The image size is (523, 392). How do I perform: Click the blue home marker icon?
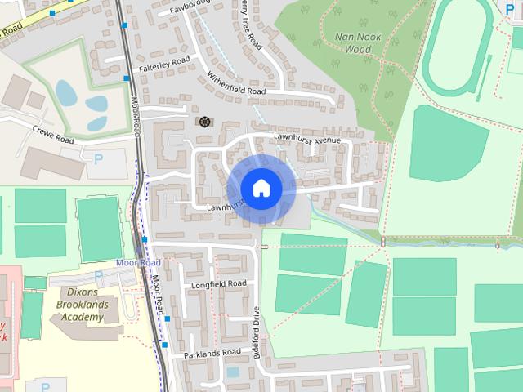(x=261, y=188)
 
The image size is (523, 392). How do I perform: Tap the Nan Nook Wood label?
(x=353, y=42)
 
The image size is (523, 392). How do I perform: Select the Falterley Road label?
(x=164, y=60)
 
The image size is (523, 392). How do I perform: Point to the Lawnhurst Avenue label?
(x=306, y=140)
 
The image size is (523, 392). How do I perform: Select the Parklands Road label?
(x=212, y=352)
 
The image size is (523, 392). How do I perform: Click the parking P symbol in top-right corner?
(x=511, y=9)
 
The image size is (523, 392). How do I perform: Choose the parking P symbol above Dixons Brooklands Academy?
(x=98, y=275)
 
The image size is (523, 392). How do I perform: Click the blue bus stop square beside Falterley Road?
(x=127, y=78)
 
